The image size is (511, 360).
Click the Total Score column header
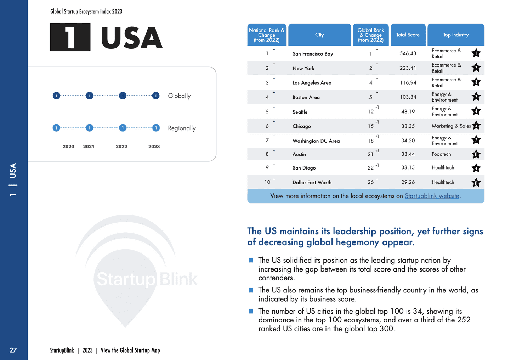[x=408, y=35]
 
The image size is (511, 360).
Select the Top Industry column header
[x=455, y=35]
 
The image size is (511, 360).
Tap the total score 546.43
[x=408, y=53]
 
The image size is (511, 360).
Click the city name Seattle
[x=300, y=112]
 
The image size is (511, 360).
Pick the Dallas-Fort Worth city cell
[x=312, y=182]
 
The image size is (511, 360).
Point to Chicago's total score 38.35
[x=408, y=126]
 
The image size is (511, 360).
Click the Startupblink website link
[x=432, y=196]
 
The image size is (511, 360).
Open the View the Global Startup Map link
[x=130, y=350]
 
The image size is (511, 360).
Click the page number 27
[x=13, y=350]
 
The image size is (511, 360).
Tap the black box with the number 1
[x=70, y=37]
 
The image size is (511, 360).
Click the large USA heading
[x=131, y=38]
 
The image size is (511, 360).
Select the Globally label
[x=179, y=96]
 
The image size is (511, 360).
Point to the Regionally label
[x=182, y=128]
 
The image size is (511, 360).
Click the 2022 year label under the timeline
[x=121, y=146]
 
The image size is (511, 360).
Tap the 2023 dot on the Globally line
[x=155, y=96]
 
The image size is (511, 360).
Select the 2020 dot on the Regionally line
[x=56, y=128]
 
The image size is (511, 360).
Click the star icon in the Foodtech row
[x=476, y=154]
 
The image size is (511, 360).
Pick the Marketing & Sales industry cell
[x=451, y=126]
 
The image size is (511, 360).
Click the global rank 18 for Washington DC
[x=370, y=141]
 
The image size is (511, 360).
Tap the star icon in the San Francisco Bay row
[x=476, y=53]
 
